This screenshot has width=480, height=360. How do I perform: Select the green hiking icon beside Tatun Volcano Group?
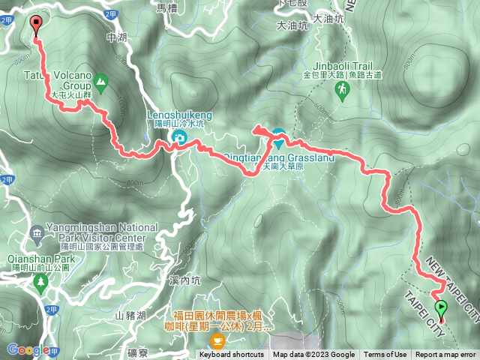pyautogui.click(x=100, y=80)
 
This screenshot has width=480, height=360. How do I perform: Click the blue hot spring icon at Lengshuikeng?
pyautogui.click(x=179, y=136)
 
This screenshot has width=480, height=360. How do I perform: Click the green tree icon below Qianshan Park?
pyautogui.click(x=40, y=281)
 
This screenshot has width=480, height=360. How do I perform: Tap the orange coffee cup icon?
pyautogui.click(x=217, y=340)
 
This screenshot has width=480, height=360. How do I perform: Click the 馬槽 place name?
pyautogui.click(x=166, y=7)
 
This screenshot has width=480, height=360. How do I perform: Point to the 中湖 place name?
pyautogui.click(x=118, y=37)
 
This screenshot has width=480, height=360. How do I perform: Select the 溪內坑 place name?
pyautogui.click(x=185, y=280)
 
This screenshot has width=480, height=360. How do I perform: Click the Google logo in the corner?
pyautogui.click(x=27, y=349)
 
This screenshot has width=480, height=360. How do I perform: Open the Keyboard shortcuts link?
pyautogui.click(x=232, y=355)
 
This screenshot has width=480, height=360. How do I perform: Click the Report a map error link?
pyautogui.click(x=446, y=355)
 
